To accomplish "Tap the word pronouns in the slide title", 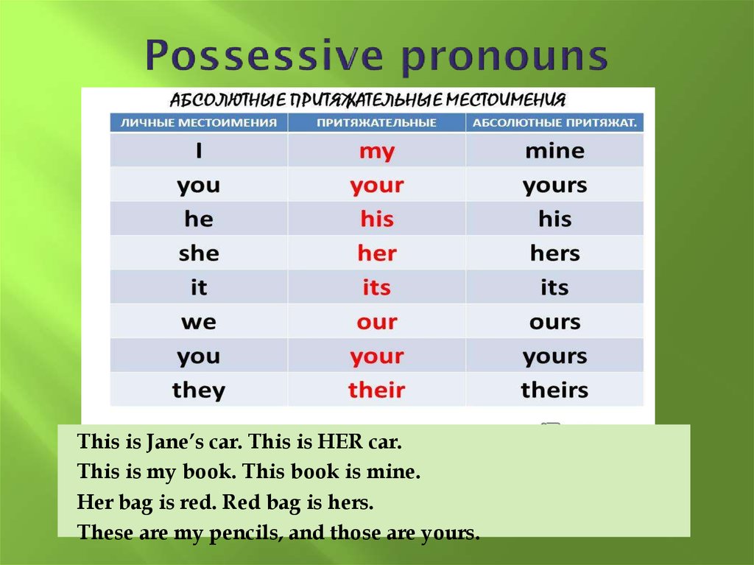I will pyautogui.click(x=504, y=57).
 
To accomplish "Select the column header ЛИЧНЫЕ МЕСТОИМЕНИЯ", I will pyautogui.click(x=199, y=123).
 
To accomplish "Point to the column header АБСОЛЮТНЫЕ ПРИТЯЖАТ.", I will pyautogui.click(x=554, y=123).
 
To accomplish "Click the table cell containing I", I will pyautogui.click(x=199, y=151).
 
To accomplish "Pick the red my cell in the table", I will pyautogui.click(x=377, y=151).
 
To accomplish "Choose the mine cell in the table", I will pyautogui.click(x=554, y=151).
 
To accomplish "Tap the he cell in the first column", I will pyautogui.click(x=199, y=220).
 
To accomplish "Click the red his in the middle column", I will pyautogui.click(x=377, y=220).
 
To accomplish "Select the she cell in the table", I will pyautogui.click(x=199, y=253).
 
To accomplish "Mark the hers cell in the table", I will pyautogui.click(x=554, y=253).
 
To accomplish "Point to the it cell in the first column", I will pyautogui.click(x=199, y=287).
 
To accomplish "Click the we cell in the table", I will pyautogui.click(x=199, y=322).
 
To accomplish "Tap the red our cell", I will pyautogui.click(x=377, y=322).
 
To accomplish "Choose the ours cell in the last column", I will pyautogui.click(x=554, y=322).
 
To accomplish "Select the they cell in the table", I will pyautogui.click(x=199, y=390).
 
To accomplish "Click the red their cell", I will pyautogui.click(x=377, y=390).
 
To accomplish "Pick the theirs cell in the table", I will pyautogui.click(x=554, y=390).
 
